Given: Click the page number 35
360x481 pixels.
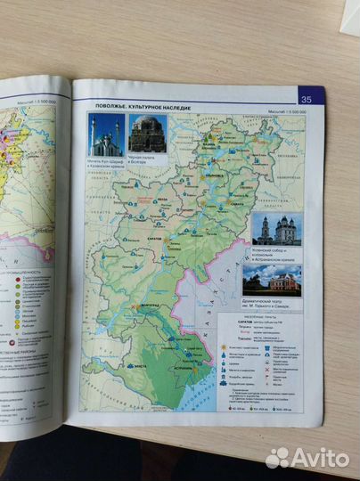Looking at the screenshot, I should pos(306,99).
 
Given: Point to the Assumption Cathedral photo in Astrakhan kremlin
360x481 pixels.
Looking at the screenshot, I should pos(275,229).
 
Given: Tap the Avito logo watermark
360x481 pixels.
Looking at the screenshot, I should pos(307,458).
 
